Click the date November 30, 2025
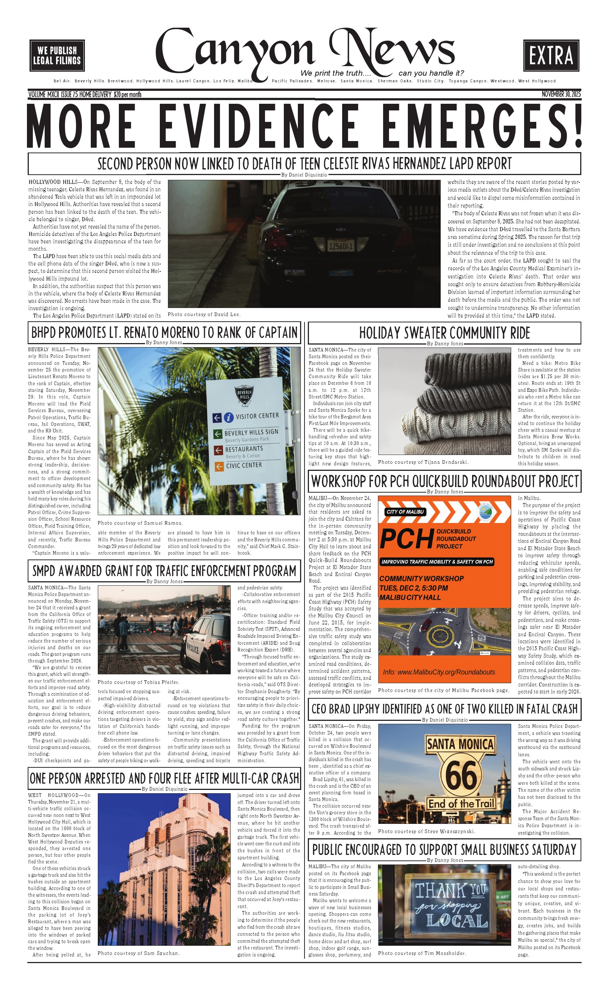(561, 94)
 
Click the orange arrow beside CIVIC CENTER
(219, 467)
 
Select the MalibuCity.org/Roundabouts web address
(439, 672)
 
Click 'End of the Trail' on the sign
(461, 804)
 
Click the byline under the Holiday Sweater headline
(445, 344)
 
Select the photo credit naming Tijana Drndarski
(423, 462)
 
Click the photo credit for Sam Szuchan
(138, 953)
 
